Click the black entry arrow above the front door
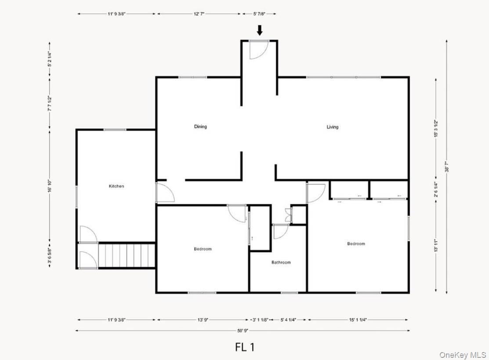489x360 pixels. point(260,30)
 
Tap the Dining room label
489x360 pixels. point(200,127)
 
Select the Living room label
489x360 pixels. point(333,127)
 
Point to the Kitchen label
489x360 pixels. point(116,186)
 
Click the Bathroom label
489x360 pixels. point(281,263)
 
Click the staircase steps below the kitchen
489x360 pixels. point(127,255)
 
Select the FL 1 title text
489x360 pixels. point(245,347)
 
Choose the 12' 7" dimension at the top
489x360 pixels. point(199,14)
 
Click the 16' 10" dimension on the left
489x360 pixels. point(50,186)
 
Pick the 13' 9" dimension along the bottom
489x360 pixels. point(203,320)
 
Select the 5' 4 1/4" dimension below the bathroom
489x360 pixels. point(288,320)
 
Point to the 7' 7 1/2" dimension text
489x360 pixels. point(50,104)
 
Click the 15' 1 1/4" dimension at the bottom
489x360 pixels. point(358,320)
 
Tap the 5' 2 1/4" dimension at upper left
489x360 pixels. point(50,60)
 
